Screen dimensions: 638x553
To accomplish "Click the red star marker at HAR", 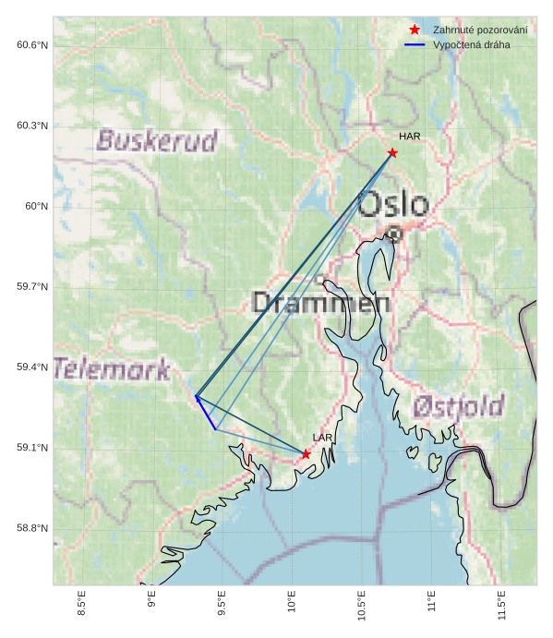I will (392, 152).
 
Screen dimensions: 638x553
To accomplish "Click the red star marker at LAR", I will (306, 453).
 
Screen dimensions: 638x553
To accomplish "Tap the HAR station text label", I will (410, 137).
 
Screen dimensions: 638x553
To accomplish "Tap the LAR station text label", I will (322, 438).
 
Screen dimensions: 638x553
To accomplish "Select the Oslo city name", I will (393, 205).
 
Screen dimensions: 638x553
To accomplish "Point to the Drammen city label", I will (320, 303).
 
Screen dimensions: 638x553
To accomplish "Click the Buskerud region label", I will (157, 141).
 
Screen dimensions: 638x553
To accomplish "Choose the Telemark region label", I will (112, 370).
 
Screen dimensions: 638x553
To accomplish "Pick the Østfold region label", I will (458, 406).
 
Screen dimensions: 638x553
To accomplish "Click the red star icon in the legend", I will (415, 30).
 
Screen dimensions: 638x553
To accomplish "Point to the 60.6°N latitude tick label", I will (32, 45).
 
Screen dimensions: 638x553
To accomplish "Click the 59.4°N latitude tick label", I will (32, 367).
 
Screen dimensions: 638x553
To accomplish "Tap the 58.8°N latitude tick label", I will (32, 528).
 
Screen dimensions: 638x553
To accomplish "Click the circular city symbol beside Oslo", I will (394, 235).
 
